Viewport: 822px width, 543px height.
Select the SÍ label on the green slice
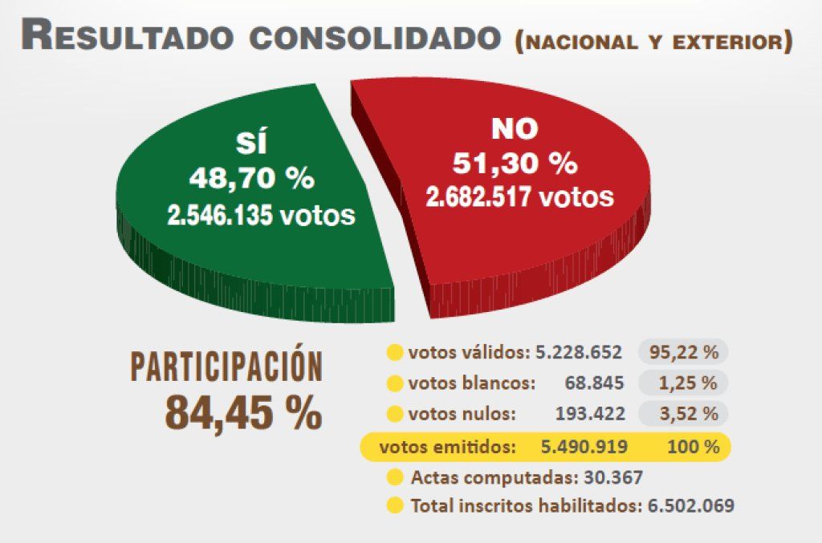click(x=251, y=144)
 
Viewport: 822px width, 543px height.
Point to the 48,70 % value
click(x=251, y=178)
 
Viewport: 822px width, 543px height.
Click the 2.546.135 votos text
click(x=261, y=214)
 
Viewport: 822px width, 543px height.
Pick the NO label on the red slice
click(x=515, y=128)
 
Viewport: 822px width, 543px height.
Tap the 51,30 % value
click(x=515, y=163)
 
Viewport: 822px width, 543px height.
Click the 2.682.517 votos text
click(x=520, y=197)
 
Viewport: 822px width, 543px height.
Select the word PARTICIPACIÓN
click(x=227, y=367)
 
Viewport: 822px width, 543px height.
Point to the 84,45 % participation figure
click(x=243, y=412)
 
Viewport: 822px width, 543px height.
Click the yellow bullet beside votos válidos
click(x=394, y=352)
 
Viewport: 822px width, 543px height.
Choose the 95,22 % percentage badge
click(x=683, y=352)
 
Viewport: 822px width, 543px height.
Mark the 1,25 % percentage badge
click(x=683, y=383)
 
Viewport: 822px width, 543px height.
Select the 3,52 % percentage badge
click(x=683, y=415)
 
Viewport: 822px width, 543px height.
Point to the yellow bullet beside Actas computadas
click(x=394, y=478)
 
